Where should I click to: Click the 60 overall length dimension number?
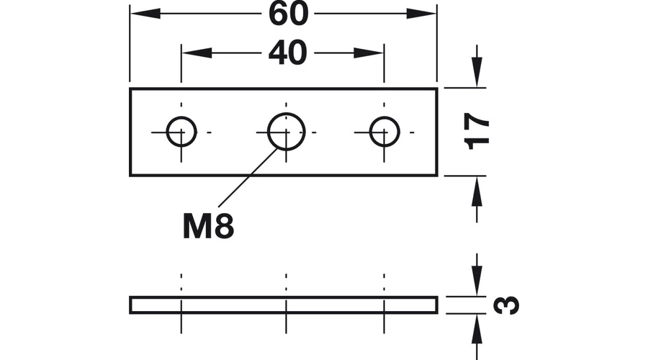click(x=289, y=14)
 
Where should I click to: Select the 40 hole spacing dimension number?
click(x=288, y=53)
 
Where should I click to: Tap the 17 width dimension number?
click(x=477, y=131)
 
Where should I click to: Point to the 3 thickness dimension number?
click(x=506, y=305)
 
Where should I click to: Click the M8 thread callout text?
click(x=208, y=226)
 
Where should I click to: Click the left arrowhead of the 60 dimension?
click(x=145, y=14)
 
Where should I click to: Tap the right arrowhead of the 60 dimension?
click(x=421, y=14)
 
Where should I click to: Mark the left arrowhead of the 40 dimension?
click(x=197, y=53)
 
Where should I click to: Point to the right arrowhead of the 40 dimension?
click(x=369, y=53)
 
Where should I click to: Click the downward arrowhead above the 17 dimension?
click(x=477, y=72)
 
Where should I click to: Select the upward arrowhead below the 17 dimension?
click(x=477, y=192)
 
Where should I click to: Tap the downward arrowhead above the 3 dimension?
click(x=477, y=281)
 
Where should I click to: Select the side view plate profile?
click(x=284, y=297)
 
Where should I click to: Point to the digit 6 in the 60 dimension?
click(x=278, y=14)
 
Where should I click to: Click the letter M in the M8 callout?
click(x=197, y=226)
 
